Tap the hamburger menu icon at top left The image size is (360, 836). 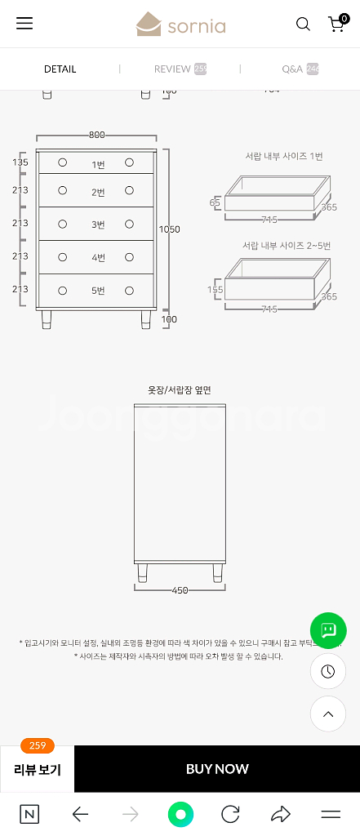pyautogui.click(x=24, y=24)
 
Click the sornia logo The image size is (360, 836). pyautogui.click(x=180, y=24)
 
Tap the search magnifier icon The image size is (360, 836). pyautogui.click(x=303, y=24)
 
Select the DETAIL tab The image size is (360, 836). pyautogui.click(x=60, y=69)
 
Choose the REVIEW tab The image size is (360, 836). pyautogui.click(x=180, y=69)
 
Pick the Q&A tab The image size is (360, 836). pyautogui.click(x=300, y=69)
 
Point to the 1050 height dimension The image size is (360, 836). pyautogui.click(x=169, y=229)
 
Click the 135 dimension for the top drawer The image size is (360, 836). pyautogui.click(x=20, y=162)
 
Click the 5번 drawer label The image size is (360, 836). pyautogui.click(x=98, y=291)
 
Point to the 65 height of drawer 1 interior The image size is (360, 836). pyautogui.click(x=215, y=202)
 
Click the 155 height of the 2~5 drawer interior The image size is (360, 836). pyautogui.click(x=216, y=289)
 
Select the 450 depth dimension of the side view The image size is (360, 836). pyautogui.click(x=180, y=590)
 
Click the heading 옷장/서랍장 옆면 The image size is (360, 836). pyautogui.click(x=180, y=390)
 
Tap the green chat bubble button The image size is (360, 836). pyautogui.click(x=328, y=630)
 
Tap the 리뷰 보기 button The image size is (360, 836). pyautogui.click(x=38, y=769)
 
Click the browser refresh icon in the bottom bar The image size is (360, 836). pyautogui.click(x=230, y=814)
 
